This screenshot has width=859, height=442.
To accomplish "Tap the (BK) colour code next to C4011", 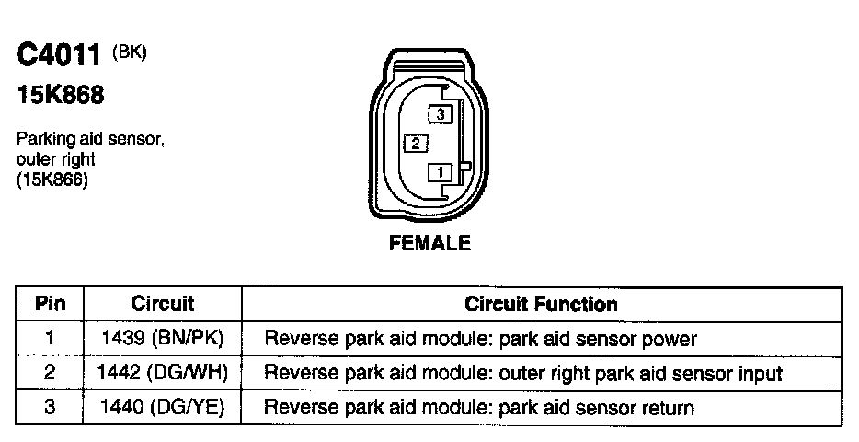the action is pyautogui.click(x=129, y=52).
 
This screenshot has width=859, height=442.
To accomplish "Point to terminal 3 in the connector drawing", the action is pyautogui.click(x=441, y=114).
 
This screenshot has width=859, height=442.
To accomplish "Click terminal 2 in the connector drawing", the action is pyautogui.click(x=416, y=143).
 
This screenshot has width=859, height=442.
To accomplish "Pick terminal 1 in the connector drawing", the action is pyautogui.click(x=441, y=171).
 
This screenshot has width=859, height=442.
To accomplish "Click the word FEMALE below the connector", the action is pyautogui.click(x=430, y=243).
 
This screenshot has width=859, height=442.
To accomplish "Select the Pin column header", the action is pyautogui.click(x=50, y=303).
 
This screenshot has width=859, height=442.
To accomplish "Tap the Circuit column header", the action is pyautogui.click(x=163, y=303).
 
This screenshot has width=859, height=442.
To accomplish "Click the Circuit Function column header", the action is pyautogui.click(x=541, y=303).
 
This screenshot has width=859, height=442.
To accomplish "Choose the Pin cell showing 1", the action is pyautogui.click(x=50, y=338).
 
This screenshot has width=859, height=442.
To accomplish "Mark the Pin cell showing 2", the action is pyautogui.click(x=50, y=373).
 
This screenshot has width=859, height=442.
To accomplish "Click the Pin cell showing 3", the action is pyautogui.click(x=50, y=406).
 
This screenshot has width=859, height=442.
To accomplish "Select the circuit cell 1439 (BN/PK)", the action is pyautogui.click(x=163, y=338).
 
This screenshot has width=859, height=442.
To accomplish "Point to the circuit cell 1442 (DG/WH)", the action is pyautogui.click(x=163, y=373).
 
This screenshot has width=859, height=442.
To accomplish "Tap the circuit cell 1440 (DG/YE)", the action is pyautogui.click(x=163, y=406).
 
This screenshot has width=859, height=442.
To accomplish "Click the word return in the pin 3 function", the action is pyautogui.click(x=669, y=407).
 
